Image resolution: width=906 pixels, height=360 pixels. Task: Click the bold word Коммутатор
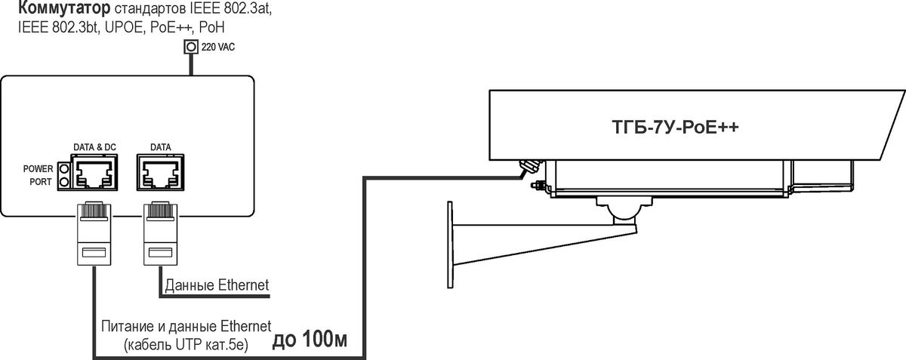64,8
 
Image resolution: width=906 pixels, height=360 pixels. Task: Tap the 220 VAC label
218,47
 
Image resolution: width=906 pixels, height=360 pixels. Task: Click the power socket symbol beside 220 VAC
191,47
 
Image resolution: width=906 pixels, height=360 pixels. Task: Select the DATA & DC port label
94,147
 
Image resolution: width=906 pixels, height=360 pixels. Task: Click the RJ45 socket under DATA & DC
94,173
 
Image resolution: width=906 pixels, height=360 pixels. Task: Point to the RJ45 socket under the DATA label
161,172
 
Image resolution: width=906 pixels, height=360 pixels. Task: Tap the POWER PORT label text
38,175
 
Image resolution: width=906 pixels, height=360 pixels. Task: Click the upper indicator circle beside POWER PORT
63,168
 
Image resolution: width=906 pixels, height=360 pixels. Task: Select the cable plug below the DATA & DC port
94,234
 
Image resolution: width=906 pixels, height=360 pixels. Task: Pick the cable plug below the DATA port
161,234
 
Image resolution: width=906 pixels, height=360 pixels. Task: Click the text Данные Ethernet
217,285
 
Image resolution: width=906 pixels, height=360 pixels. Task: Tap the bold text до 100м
310,340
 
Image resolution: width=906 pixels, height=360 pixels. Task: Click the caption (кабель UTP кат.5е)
186,345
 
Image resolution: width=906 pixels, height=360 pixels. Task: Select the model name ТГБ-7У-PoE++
675,127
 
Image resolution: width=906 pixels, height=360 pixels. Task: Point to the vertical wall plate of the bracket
450,245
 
